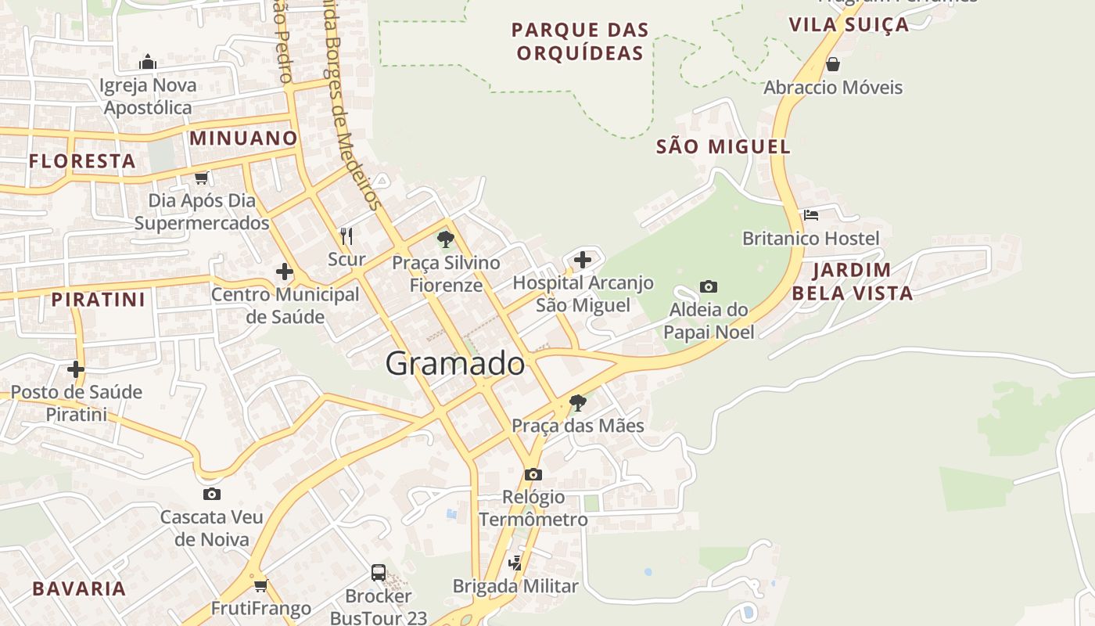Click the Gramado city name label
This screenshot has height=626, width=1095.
pos(455,364)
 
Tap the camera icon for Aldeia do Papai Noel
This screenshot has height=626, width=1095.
pos(709,286)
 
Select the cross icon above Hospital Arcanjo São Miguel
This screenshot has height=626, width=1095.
pos(583,260)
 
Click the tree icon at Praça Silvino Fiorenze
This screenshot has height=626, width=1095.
pos(446,239)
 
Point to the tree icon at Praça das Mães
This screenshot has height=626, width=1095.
pos(578,403)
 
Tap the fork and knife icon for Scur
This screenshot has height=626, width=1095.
pos(346,236)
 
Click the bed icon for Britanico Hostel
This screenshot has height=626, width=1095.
pos(811,214)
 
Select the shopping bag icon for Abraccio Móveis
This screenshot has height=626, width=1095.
pos(833,64)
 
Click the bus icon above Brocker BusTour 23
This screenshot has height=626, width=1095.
pos(379,573)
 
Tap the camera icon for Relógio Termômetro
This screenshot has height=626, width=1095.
pos(533,474)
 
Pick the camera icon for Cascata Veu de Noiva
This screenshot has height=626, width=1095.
pos(211,494)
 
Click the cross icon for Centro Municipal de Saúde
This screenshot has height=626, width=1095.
pos(285,272)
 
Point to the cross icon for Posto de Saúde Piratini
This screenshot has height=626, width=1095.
pos(76,369)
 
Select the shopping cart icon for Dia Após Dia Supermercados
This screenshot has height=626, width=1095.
pos(202,178)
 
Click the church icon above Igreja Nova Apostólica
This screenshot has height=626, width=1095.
pos(148,62)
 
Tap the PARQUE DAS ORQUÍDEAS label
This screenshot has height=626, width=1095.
pos(580,41)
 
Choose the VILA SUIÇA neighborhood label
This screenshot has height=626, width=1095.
pos(849,24)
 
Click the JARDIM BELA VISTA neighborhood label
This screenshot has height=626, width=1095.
pos(852,282)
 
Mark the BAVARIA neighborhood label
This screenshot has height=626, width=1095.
pos(79,589)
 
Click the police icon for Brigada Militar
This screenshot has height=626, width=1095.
pos(515,563)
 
